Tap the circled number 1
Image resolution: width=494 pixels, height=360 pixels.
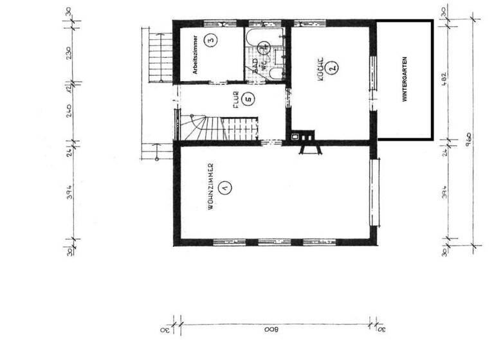click(224, 188)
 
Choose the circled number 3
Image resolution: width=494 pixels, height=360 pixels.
click(210, 40)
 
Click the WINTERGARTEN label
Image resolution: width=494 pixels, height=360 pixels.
click(405, 80)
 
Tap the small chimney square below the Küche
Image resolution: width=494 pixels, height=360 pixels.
click(296, 136)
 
